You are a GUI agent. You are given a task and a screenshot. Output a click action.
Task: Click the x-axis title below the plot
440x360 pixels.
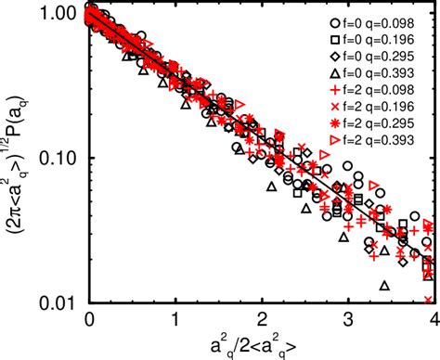(260, 342)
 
